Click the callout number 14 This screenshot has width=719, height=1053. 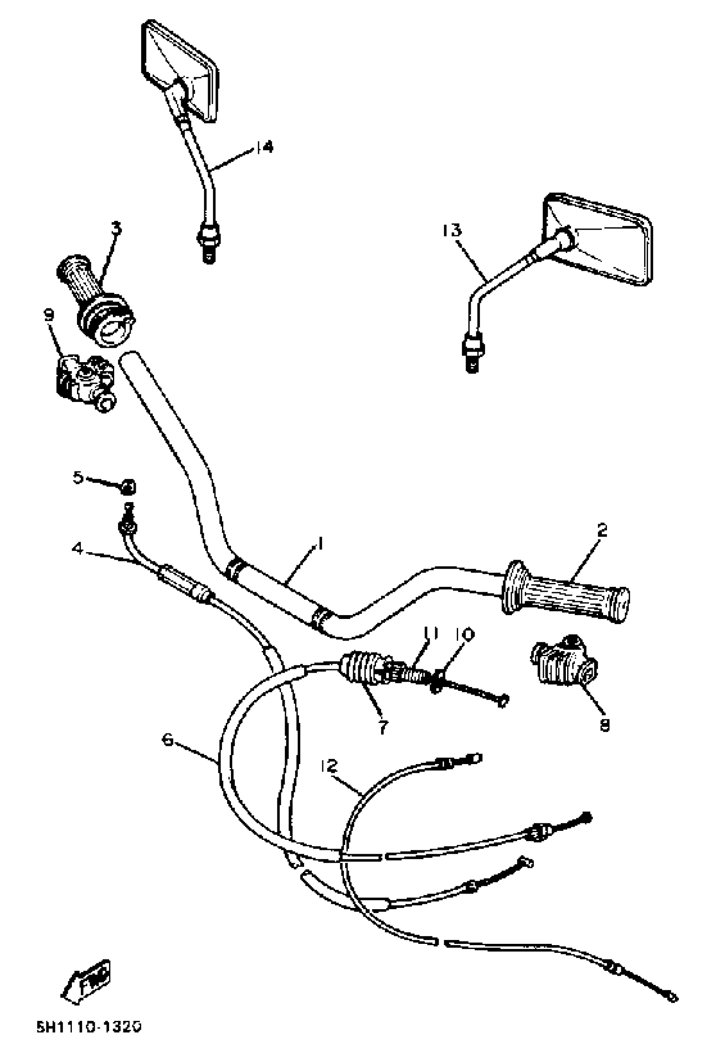pyautogui.click(x=265, y=147)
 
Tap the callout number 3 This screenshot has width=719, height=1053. pyautogui.click(x=116, y=228)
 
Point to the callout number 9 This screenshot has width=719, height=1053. pyautogui.click(x=49, y=314)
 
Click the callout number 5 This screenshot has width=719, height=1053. pyautogui.click(x=78, y=477)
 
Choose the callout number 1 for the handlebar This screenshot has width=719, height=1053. pyautogui.click(x=320, y=543)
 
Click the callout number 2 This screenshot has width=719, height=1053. pyautogui.click(x=602, y=530)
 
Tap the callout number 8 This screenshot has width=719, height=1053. pyautogui.click(x=604, y=726)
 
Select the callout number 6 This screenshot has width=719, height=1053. pyautogui.click(x=168, y=740)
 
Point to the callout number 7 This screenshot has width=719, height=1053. pyautogui.click(x=383, y=728)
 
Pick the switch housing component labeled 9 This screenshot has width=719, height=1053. pyautogui.click(x=84, y=381)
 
